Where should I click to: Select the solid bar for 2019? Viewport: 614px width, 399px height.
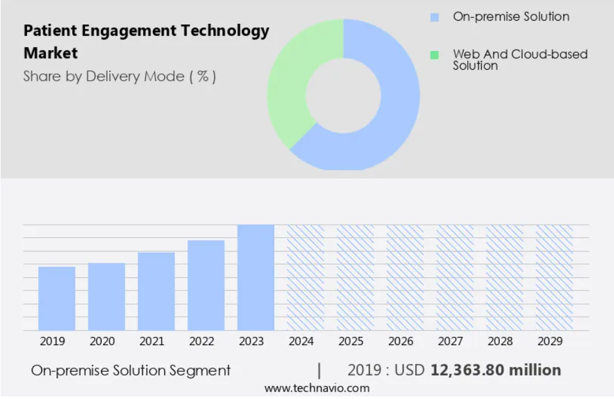[56, 299]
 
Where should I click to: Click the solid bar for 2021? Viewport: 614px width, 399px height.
[156, 292]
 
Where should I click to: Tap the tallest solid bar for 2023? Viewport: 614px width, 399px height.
[255, 277]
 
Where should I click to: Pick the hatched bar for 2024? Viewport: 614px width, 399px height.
[305, 277]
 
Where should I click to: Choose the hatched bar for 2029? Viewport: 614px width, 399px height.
[554, 277]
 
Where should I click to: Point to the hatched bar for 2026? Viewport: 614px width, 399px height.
[405, 277]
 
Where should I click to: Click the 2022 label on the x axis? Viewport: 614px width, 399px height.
[201, 341]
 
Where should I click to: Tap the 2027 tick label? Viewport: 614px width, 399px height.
[450, 341]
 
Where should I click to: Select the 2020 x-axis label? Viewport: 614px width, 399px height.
[102, 341]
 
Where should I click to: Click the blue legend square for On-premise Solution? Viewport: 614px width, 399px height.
[435, 18]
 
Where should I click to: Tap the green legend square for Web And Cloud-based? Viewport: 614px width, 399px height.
[435, 55]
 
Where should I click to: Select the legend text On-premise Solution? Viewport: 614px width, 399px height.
[511, 17]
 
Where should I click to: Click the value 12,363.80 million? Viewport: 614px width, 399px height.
[495, 370]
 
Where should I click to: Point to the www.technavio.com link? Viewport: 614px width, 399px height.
[317, 388]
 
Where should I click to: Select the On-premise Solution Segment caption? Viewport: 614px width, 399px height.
[130, 371]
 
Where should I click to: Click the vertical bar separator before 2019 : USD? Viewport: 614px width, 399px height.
[319, 370]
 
